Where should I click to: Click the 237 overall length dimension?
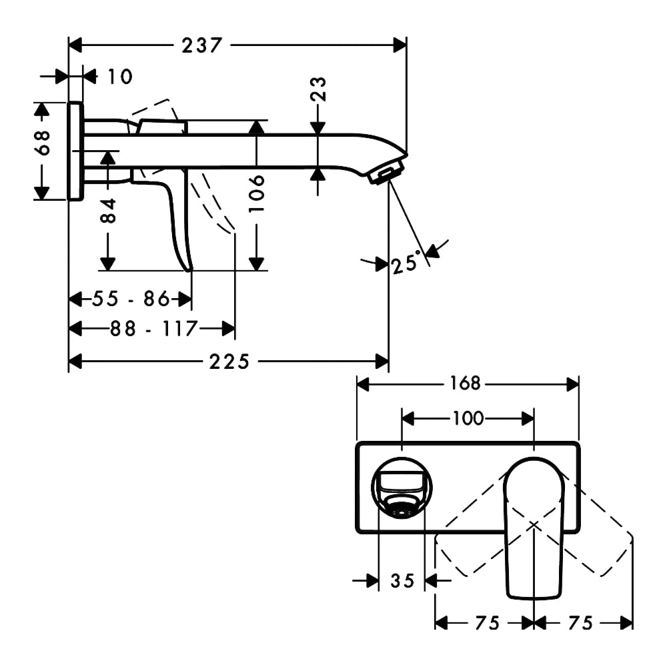pos(202,45)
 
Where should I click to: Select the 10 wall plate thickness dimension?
pos(120,77)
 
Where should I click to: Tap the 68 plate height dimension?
pos(43,143)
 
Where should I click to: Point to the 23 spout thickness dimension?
pos(318,89)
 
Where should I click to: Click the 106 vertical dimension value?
pos(257,193)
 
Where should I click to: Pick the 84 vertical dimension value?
pos(108,211)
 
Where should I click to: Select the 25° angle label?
pos(406,262)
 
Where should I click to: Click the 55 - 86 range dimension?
pos(131,299)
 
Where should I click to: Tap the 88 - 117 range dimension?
pos(154,328)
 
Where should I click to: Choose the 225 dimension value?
pos(229,362)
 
